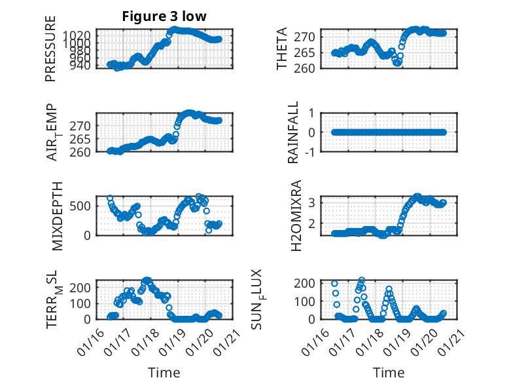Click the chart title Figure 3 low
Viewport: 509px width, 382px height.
tap(164, 16)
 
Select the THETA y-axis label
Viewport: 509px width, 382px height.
tap(282, 49)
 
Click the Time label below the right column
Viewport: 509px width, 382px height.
tap(389, 373)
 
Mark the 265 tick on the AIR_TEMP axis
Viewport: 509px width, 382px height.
tap(83, 138)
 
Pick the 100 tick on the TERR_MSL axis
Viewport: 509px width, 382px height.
tap(83, 303)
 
